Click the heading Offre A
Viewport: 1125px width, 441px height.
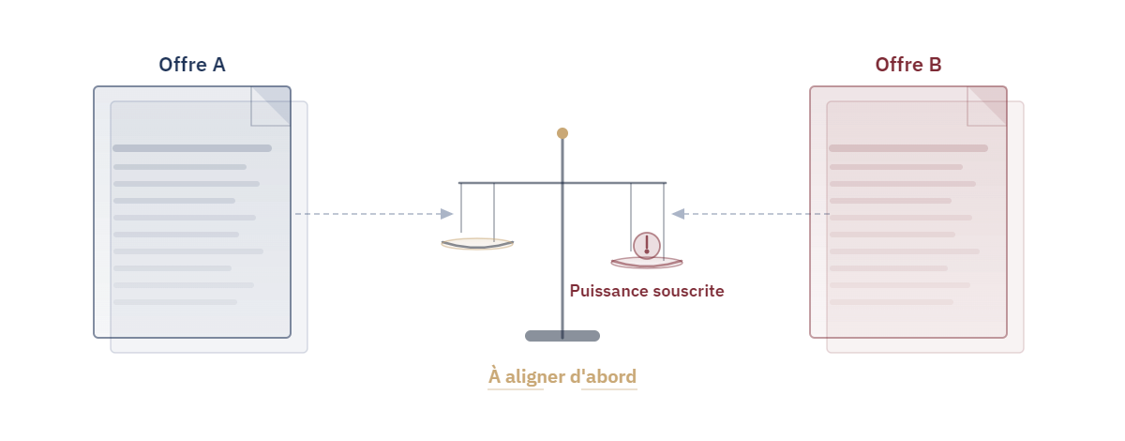(192, 65)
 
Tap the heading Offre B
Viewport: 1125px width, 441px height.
(908, 65)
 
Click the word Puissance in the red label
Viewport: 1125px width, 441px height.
(604, 291)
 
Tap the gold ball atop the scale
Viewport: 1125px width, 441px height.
(562, 133)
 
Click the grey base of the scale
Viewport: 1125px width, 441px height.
(562, 336)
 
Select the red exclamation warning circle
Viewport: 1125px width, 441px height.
(647, 246)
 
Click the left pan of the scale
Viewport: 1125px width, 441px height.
(477, 245)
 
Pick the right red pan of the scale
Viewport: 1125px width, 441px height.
(647, 263)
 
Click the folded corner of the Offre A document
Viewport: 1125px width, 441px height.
(271, 106)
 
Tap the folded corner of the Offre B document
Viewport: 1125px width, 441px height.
(987, 106)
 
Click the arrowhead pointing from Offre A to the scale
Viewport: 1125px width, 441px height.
(446, 214)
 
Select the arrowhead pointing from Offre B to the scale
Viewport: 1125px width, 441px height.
(678, 214)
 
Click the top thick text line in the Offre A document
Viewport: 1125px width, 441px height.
(192, 148)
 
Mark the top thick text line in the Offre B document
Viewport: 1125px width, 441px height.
(908, 148)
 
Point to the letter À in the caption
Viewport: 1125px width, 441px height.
(495, 375)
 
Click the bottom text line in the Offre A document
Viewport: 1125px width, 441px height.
(175, 302)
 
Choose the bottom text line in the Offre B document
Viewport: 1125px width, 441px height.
(892, 302)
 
